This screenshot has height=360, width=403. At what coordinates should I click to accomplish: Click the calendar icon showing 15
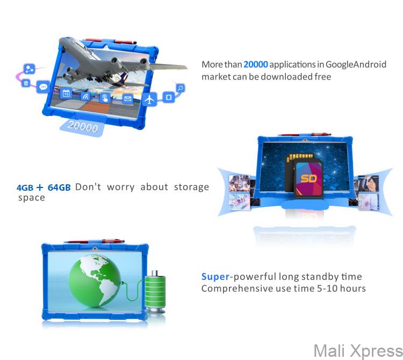[x=66, y=93]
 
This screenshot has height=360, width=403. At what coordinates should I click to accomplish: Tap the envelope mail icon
[x=127, y=98]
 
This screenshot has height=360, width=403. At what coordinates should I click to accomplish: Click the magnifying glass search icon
[x=181, y=88]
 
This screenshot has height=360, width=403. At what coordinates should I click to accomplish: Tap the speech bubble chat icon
[x=44, y=87]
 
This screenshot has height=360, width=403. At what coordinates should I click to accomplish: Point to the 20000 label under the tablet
[x=83, y=127]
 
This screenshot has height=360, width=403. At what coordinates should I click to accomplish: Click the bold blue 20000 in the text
[x=256, y=64]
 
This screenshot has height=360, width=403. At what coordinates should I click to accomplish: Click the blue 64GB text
[x=59, y=188]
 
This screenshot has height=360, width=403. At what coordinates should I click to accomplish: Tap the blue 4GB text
[x=25, y=188]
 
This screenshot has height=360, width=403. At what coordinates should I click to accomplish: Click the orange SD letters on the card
[x=308, y=178]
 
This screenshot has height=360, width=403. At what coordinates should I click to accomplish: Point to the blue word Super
[x=215, y=277]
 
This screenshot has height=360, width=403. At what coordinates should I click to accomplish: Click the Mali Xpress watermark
[x=357, y=351]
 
